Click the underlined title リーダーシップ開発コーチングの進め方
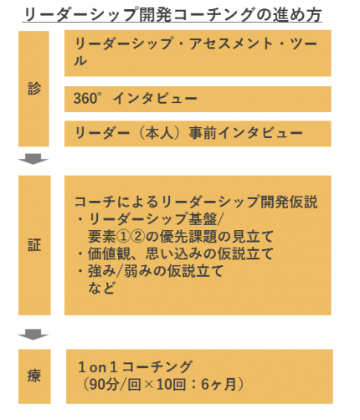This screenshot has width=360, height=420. click(173, 14)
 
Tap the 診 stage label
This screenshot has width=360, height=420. click(34, 89)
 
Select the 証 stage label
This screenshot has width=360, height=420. click(34, 245)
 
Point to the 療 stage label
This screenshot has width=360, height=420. click(34, 376)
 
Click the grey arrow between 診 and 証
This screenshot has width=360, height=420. click(33, 159)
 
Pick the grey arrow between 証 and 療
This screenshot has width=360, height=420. click(33, 334)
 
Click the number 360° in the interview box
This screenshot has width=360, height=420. click(86, 98)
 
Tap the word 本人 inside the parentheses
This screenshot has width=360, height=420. click(160, 133)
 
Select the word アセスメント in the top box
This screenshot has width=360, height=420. click(231, 44)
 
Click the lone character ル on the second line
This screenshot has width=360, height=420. click(80, 60)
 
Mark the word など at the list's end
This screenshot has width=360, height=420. click(101, 288)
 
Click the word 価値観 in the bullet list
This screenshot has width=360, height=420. click(110, 254)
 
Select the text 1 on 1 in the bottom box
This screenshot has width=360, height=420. click(98, 367)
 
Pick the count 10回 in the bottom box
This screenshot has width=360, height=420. click(171, 384)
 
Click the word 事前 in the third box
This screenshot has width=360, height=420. click(203, 133)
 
